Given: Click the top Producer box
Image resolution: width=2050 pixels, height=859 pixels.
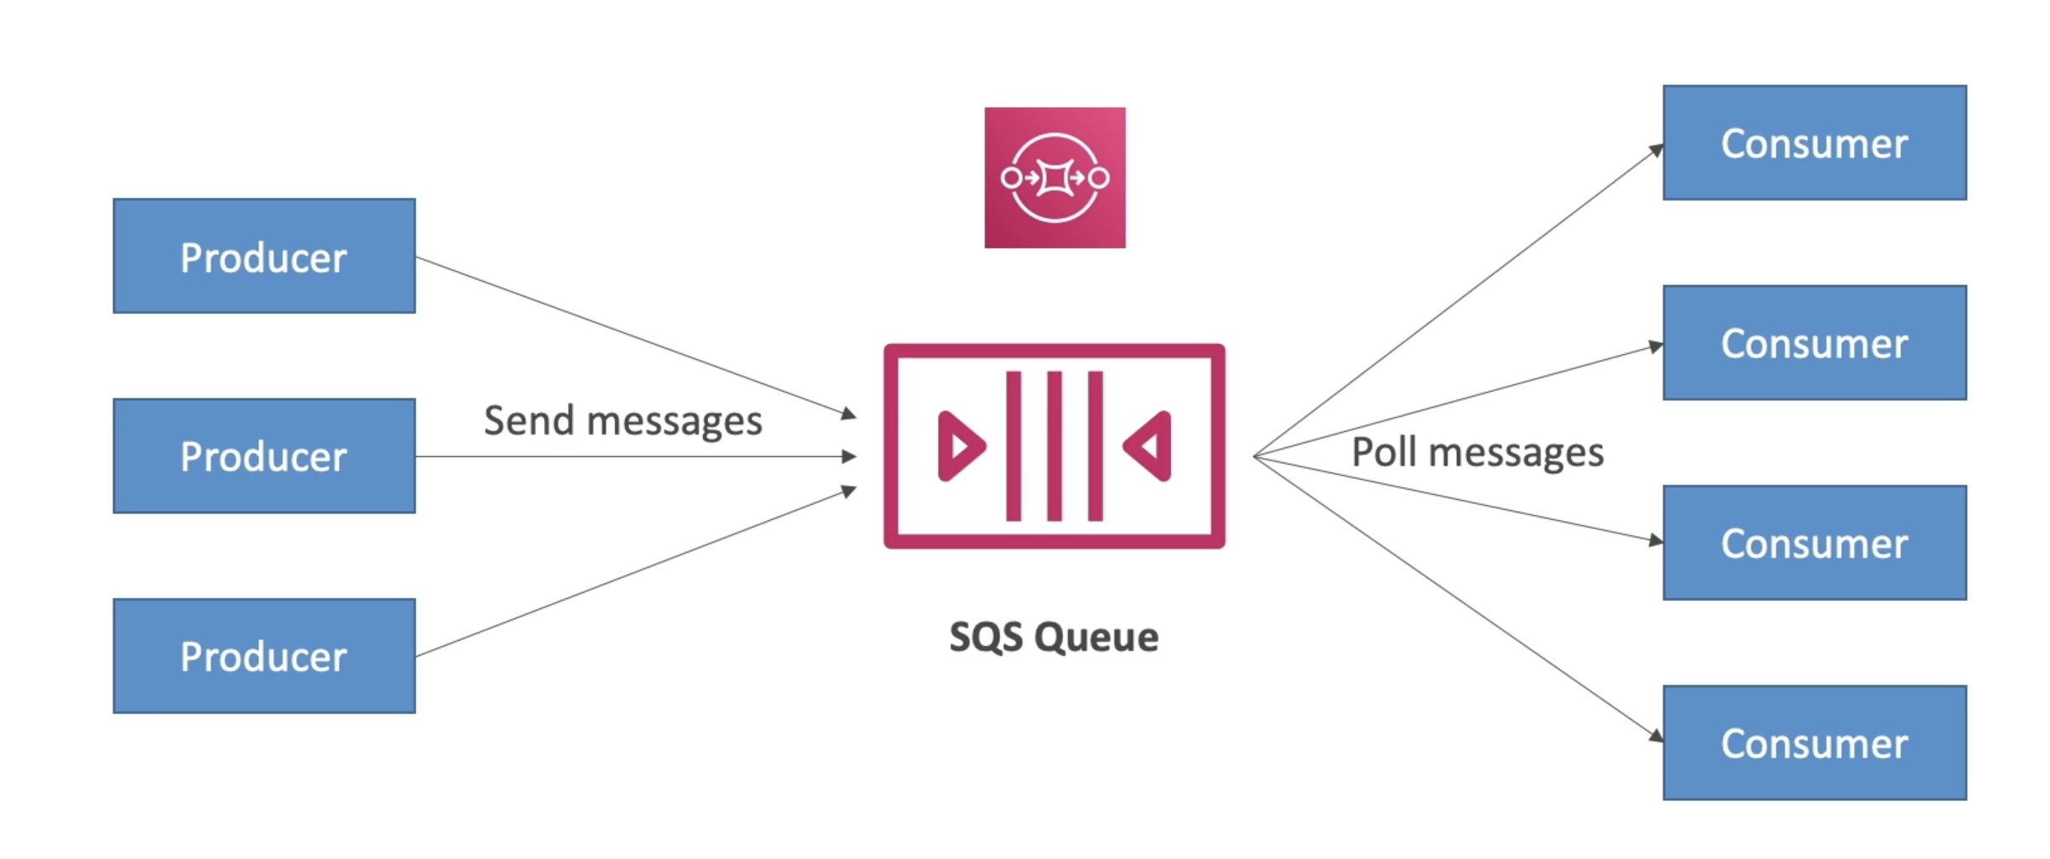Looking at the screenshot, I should click(264, 256).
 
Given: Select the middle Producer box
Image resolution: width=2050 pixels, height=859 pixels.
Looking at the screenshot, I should click(264, 456).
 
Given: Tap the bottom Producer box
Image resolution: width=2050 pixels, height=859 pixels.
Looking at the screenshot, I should click(264, 655).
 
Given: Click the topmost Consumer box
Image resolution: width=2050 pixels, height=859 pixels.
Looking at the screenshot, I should click(1814, 143).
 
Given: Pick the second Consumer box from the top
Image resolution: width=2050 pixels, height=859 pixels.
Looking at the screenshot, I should click(1814, 342).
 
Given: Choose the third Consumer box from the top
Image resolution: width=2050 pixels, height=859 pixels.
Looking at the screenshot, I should click(1814, 543).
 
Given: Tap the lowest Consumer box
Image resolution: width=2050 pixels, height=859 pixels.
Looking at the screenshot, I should click(1814, 742).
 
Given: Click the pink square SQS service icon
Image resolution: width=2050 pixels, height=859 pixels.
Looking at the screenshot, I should click(1054, 177).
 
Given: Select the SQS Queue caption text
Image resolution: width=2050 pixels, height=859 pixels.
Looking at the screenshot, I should click(1054, 637).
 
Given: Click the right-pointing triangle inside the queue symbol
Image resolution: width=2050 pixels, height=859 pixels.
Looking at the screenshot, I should click(960, 445).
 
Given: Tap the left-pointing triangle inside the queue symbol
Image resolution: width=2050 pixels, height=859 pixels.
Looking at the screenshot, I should click(1149, 445).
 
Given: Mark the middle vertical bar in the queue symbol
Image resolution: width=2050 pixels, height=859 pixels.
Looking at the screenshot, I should click(1054, 445).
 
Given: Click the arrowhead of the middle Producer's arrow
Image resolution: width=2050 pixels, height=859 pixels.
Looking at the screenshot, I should click(850, 456).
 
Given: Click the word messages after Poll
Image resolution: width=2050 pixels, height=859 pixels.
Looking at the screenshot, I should click(1516, 454).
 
